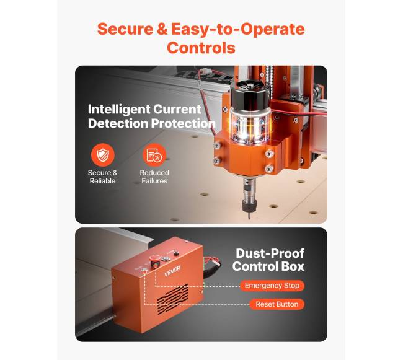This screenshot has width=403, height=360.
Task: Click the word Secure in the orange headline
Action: tap(125, 29)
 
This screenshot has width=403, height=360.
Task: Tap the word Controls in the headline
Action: tap(201, 48)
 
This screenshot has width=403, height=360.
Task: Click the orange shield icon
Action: tap(102, 155)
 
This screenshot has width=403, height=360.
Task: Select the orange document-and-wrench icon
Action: tap(154, 155)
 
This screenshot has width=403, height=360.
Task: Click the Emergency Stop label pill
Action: tap(272, 286)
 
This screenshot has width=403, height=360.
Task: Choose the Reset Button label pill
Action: tap(277, 304)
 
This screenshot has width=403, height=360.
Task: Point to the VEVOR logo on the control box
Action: tap(172, 271)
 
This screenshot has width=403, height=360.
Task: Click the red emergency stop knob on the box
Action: tap(155, 260)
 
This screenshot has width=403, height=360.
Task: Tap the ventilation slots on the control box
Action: tap(173, 297)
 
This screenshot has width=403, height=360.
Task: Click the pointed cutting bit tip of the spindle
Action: tap(249, 217)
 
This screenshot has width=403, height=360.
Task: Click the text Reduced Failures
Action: tap(154, 177)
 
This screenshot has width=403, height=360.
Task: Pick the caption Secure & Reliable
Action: tap(102, 177)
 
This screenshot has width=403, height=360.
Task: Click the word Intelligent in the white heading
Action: tap(119, 110)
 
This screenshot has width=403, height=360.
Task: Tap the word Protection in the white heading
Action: tap(183, 123)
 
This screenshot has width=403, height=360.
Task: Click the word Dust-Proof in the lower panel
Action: tap(270, 253)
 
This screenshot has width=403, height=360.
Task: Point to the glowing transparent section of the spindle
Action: tap(250, 126)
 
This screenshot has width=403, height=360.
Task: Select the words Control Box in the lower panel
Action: tap(268, 266)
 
